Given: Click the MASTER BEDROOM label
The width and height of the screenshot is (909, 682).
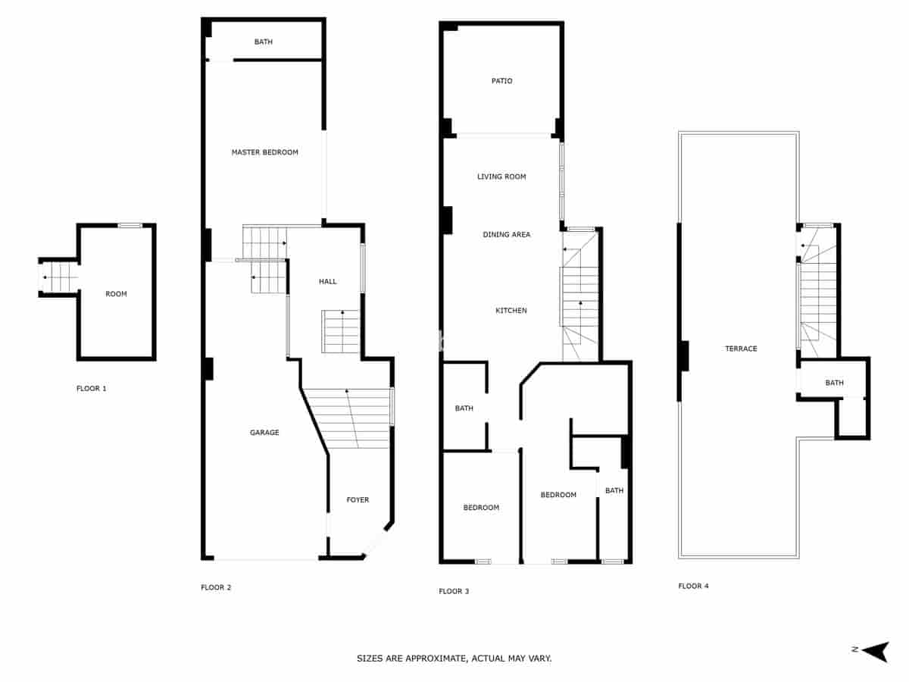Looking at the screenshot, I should (264, 152).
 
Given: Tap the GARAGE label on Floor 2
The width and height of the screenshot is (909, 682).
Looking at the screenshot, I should (264, 433).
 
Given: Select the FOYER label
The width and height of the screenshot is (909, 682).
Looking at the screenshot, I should (358, 500).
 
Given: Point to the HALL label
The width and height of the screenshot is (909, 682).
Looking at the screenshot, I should (327, 281).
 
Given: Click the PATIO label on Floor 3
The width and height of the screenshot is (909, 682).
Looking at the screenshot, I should (501, 81).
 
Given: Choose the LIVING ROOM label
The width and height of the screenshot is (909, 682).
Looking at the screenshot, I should (501, 177).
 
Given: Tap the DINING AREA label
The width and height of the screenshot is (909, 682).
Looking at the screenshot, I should (507, 235).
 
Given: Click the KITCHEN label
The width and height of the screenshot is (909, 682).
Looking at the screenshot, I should (511, 311).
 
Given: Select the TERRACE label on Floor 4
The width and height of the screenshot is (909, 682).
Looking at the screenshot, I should (741, 349).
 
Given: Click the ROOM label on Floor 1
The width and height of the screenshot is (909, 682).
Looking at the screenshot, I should (116, 294).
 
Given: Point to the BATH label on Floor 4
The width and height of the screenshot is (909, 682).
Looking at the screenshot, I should (834, 383).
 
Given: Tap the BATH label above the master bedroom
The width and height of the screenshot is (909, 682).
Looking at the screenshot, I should (263, 42).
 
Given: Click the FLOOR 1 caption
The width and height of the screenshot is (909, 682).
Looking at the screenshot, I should (92, 389).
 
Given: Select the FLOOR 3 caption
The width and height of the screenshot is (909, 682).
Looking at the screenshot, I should (454, 591).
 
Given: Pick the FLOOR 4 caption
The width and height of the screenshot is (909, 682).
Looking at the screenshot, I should (693, 586).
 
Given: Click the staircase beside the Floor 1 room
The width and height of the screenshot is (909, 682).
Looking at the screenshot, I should (59, 277).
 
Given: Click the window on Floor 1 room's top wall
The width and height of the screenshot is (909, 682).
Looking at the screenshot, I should (130, 225).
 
